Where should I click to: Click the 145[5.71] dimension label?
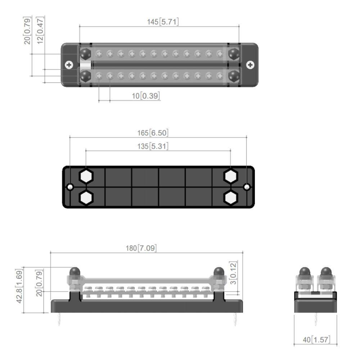point(163,22)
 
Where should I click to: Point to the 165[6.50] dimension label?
point(154,133)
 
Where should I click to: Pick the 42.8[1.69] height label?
point(20,289)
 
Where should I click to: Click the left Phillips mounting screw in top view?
point(69,65)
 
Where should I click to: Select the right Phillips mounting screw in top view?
point(250,65)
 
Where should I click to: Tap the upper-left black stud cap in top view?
point(85,54)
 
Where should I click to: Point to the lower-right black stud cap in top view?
point(234,76)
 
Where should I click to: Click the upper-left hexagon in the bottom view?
point(86,176)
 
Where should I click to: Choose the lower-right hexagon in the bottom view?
point(231,198)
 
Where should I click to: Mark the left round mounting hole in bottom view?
point(71,187)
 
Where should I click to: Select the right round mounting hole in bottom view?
point(247,187)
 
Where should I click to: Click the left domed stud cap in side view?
point(75,273)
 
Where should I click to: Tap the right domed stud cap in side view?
point(218,273)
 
